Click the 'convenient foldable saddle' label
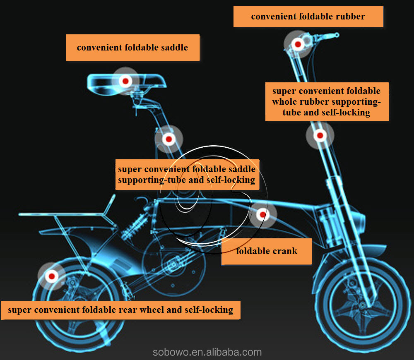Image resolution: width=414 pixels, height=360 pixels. [132, 47]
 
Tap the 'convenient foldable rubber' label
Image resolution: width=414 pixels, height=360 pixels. [308, 17]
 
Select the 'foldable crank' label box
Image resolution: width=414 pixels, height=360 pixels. [266, 251]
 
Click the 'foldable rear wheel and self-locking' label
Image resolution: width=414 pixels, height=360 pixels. [120, 310]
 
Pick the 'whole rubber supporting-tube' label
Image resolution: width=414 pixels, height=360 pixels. [326, 101]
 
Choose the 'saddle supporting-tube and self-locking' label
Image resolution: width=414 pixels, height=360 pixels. [187, 175]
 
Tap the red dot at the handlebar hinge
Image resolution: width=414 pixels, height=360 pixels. [297, 44]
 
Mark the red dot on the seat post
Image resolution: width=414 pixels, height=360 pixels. [168, 139]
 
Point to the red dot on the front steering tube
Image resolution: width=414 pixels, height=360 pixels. [320, 135]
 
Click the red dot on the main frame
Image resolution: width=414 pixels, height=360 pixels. [262, 214]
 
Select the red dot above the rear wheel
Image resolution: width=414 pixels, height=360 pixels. [52, 276]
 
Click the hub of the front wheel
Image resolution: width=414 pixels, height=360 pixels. [363, 305]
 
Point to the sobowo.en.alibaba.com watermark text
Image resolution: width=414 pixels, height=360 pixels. [207, 352]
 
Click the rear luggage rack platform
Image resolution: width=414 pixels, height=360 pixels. [62, 214]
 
